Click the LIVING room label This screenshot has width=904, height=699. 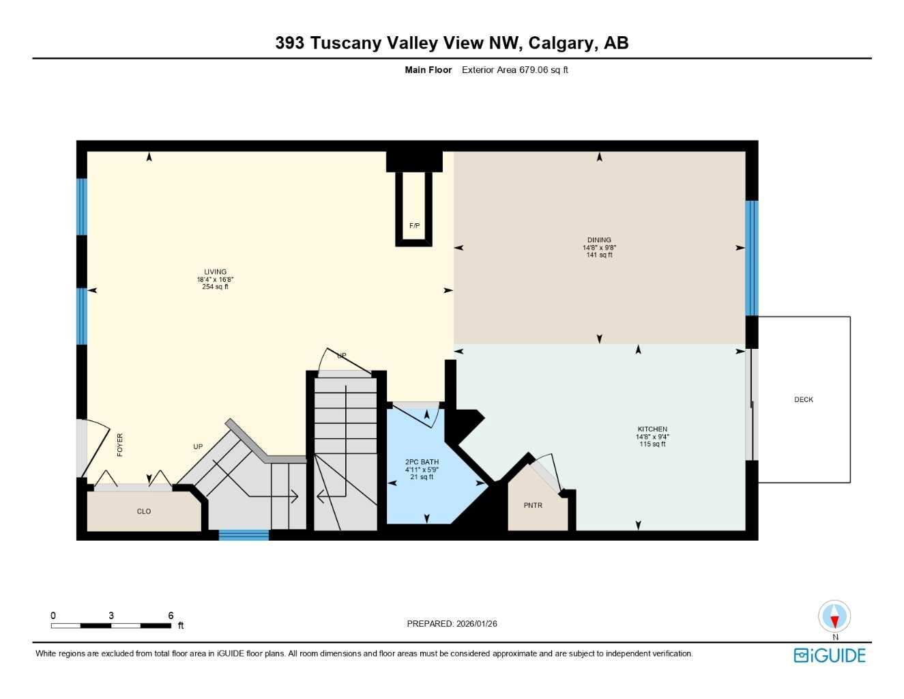[x=215, y=272]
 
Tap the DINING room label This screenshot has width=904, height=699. [x=599, y=240]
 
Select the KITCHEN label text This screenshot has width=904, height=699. [x=652, y=429]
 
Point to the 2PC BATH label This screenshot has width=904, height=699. [x=422, y=462]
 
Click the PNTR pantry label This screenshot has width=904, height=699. [x=533, y=506]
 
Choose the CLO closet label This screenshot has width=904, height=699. [x=144, y=511]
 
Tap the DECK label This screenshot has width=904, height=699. [x=804, y=400]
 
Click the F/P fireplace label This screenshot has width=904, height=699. [x=414, y=226]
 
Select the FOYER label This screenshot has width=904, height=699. [x=120, y=445]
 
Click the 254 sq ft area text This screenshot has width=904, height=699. [x=215, y=287]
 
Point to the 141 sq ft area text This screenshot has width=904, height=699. [x=599, y=255]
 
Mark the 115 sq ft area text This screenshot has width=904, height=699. [x=652, y=444]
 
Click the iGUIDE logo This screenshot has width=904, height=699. [x=830, y=655]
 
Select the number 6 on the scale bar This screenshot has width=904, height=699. [x=171, y=616]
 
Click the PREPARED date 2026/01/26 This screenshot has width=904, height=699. [x=476, y=624]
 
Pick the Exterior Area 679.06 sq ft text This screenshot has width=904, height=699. [x=514, y=70]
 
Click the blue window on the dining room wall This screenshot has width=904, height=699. [x=752, y=258]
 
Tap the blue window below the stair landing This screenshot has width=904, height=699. [x=244, y=535]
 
